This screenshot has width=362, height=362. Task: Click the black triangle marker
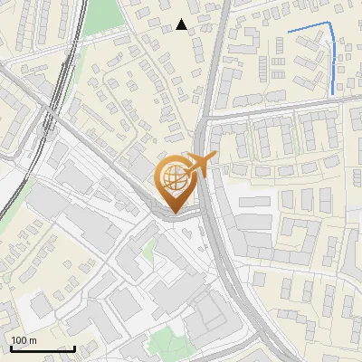tap(182, 24)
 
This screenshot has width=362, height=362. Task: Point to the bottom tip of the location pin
tap(176, 212)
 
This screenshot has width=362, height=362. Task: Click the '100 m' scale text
tap(23, 340)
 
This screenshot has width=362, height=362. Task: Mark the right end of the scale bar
tap(74, 348)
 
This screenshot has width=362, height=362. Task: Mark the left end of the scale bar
tap(10, 348)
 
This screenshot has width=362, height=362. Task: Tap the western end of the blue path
tap(289, 33)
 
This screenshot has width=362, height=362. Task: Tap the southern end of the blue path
tap(333, 93)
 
